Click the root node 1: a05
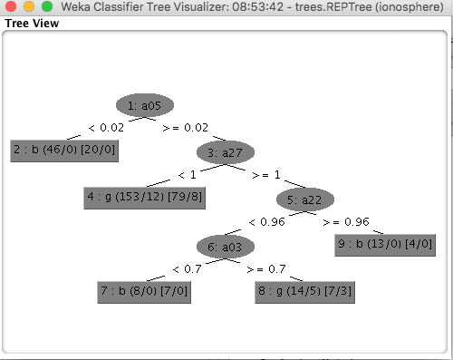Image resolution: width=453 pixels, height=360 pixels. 145,105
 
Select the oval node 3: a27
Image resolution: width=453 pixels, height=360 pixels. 226,151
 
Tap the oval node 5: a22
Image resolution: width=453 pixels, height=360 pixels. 305,199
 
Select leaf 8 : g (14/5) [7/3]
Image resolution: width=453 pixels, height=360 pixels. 305,292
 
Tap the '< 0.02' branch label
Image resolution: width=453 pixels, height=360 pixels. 105,128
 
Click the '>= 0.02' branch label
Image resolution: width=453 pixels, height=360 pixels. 185,128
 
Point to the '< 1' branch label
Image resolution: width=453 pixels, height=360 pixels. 187,174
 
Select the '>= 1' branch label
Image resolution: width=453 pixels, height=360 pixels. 266,174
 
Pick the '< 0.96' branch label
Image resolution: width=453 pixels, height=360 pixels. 266,221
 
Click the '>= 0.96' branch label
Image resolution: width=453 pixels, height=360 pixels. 346,221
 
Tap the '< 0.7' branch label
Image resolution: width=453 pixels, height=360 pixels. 187,268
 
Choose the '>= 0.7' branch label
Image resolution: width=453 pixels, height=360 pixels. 266,268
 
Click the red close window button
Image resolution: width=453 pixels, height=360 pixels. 12,7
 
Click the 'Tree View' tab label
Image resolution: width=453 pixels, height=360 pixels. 32,24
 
